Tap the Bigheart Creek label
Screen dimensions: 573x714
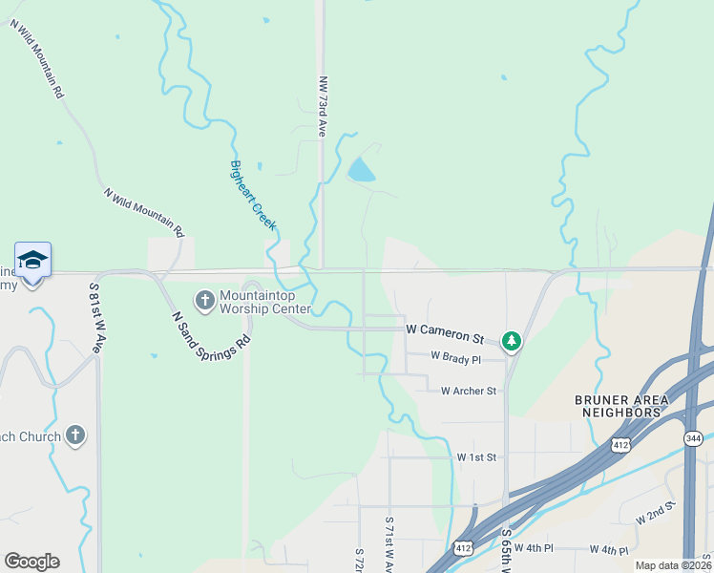(253, 195)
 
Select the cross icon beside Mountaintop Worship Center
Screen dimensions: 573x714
(204, 301)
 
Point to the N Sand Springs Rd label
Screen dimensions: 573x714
(211, 329)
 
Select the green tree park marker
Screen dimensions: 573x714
(512, 340)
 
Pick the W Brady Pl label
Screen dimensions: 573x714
(455, 356)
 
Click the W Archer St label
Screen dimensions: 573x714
(469, 391)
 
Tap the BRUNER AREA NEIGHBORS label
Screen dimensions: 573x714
(619, 405)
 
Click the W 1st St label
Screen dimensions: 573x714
(476, 457)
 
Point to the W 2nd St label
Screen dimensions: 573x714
(656, 511)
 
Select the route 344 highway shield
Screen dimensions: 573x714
(694, 437)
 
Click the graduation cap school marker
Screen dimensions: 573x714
(32, 260)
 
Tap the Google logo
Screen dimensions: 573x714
(31, 562)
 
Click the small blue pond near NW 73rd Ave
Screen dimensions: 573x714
(361, 172)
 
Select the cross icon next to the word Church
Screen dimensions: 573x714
(75, 435)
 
